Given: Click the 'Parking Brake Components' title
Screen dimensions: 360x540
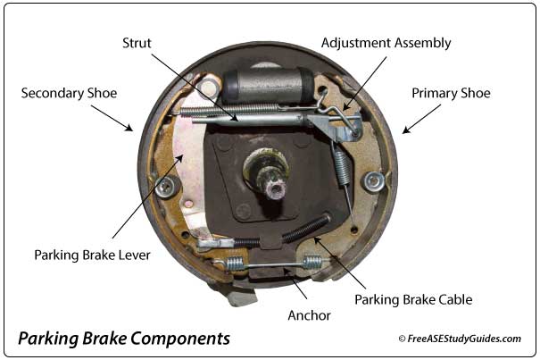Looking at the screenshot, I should point(124,339).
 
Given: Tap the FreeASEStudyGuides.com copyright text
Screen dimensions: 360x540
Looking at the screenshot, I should point(460,339).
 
